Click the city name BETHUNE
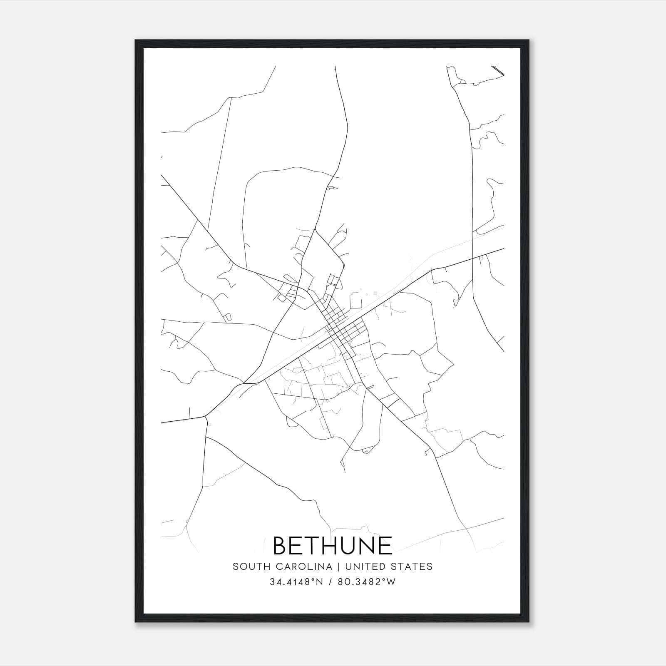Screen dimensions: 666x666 [x=333, y=546]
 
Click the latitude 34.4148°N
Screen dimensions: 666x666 [x=296, y=582]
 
